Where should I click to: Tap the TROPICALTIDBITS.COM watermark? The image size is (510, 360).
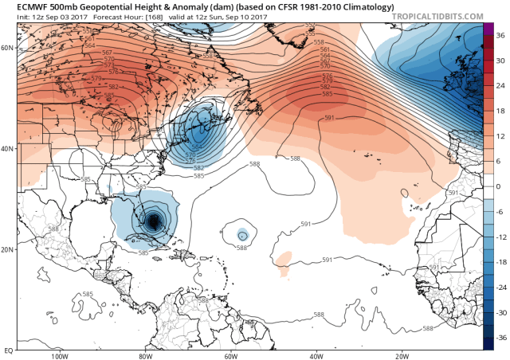pyautogui.click(x=441, y=16)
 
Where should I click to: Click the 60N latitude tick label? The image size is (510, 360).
pyautogui.click(x=10, y=48)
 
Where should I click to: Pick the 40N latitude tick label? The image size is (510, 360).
pyautogui.click(x=10, y=149)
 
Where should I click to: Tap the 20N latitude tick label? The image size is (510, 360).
pyautogui.click(x=10, y=249)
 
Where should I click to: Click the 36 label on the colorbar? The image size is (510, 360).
pyautogui.click(x=499, y=37)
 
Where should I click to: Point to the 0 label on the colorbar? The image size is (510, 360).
pyautogui.click(x=497, y=186)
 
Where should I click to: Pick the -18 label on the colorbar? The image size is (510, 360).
pyautogui.click(x=500, y=261)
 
